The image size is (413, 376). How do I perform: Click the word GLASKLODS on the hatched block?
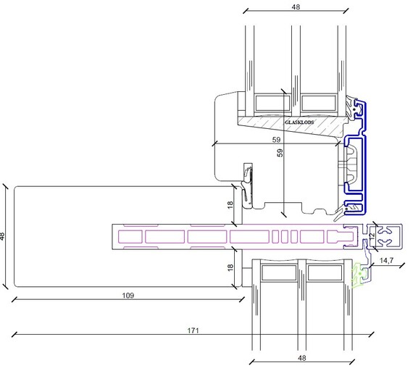coord(299,122)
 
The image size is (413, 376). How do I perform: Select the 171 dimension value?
coord(193,330)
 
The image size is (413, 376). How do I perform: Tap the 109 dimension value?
coord(128,296)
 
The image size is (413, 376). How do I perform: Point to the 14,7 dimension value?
coord(387,261)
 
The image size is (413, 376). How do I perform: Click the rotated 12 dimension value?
coord(372,235)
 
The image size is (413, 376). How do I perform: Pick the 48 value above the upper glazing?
coord(296,7)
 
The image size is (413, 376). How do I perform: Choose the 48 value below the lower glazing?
coord(302,358)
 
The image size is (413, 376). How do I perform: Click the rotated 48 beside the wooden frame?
coord(2,236)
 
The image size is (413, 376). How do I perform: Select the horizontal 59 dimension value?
coord(276,140)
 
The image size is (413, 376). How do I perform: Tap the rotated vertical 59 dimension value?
coord(280,153)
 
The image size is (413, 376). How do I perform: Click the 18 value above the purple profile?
coord(230,205)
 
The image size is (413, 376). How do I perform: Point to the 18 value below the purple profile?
coord(230,267)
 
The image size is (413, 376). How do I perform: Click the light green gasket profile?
coord(360,275)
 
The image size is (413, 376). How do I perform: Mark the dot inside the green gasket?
coord(359,274)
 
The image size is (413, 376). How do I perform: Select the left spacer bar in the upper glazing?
coord(273,103)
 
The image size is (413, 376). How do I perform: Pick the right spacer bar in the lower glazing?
coord(325,272)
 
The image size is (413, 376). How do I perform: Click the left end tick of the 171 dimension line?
coord(14,335)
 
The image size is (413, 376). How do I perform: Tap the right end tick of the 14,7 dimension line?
coord(401,265)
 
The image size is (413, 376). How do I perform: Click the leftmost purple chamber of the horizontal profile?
coord(130,236)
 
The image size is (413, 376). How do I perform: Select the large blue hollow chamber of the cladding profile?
coord(354,165)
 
